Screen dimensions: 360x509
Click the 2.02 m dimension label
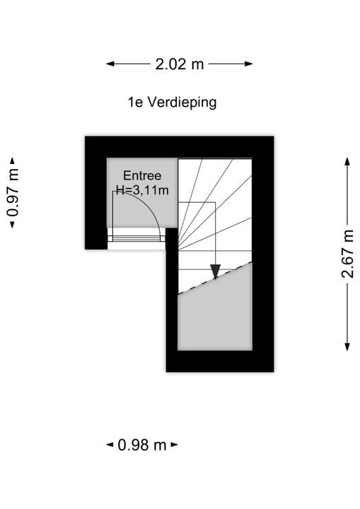tap(180, 64)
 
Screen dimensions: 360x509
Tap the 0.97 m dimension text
tap(13, 192)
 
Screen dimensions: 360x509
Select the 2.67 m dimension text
tap(347, 254)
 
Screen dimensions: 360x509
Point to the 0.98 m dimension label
tap(142, 445)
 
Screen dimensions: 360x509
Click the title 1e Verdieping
tap(172, 103)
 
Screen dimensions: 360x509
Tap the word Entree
tap(142, 175)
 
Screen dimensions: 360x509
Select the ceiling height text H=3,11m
tap(143, 190)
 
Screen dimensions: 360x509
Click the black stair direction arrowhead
tap(215, 271)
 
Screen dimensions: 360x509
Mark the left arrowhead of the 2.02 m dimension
tap(110, 64)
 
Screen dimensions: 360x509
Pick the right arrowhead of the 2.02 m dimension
tap(248, 64)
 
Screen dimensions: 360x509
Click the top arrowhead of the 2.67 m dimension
tap(347, 162)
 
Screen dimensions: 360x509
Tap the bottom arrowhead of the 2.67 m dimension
tap(347, 346)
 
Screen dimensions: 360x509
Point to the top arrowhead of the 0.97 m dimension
tap(13, 161)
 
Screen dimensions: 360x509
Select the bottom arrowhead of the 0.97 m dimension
tap(13, 224)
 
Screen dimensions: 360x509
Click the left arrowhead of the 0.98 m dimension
tap(110, 445)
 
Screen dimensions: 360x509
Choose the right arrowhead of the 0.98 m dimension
tap(174, 445)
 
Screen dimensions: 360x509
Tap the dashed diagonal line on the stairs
tap(215, 278)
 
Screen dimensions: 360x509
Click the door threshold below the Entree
tap(137, 239)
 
